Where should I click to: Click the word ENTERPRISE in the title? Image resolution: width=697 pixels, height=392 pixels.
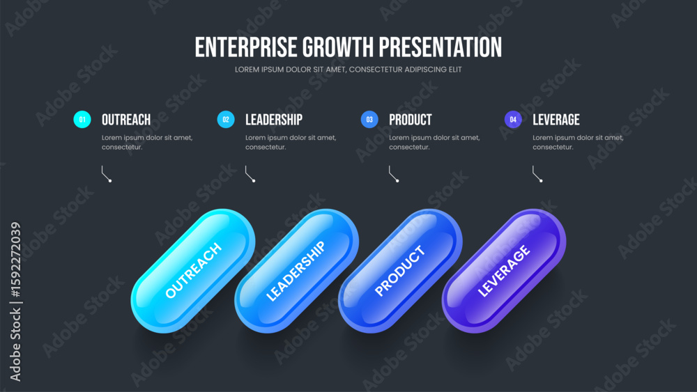pyautogui.click(x=246, y=47)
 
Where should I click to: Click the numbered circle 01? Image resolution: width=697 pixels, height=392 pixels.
pyautogui.click(x=82, y=120)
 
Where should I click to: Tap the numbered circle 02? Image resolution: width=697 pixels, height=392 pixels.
pyautogui.click(x=226, y=120)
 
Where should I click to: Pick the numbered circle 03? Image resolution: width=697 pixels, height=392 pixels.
pyautogui.click(x=369, y=120)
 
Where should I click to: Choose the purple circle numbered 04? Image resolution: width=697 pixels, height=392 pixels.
pyautogui.click(x=513, y=120)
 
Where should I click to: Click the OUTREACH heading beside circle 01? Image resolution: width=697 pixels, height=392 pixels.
pyautogui.click(x=126, y=120)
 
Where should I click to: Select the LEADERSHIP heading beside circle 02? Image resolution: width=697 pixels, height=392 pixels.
pyautogui.click(x=274, y=120)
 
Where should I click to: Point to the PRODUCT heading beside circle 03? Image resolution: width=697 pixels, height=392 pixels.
pyautogui.click(x=411, y=120)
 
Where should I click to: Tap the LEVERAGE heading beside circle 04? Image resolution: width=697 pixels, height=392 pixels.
pyautogui.click(x=556, y=120)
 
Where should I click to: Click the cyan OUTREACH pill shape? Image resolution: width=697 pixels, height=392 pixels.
pyautogui.click(x=193, y=271)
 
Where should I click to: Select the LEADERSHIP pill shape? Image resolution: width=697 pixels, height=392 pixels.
pyautogui.click(x=296, y=271)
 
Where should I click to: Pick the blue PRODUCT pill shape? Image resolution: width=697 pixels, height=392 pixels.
pyautogui.click(x=400, y=271)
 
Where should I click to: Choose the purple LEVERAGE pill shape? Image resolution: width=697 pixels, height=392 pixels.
pyautogui.click(x=504, y=271)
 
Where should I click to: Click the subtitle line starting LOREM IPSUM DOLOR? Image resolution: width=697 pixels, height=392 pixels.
pyautogui.click(x=348, y=70)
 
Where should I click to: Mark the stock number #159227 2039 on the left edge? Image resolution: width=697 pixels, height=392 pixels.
pyautogui.click(x=15, y=260)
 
